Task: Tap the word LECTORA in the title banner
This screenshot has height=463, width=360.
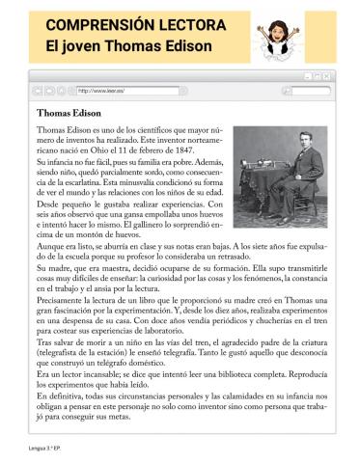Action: click(x=200, y=25)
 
